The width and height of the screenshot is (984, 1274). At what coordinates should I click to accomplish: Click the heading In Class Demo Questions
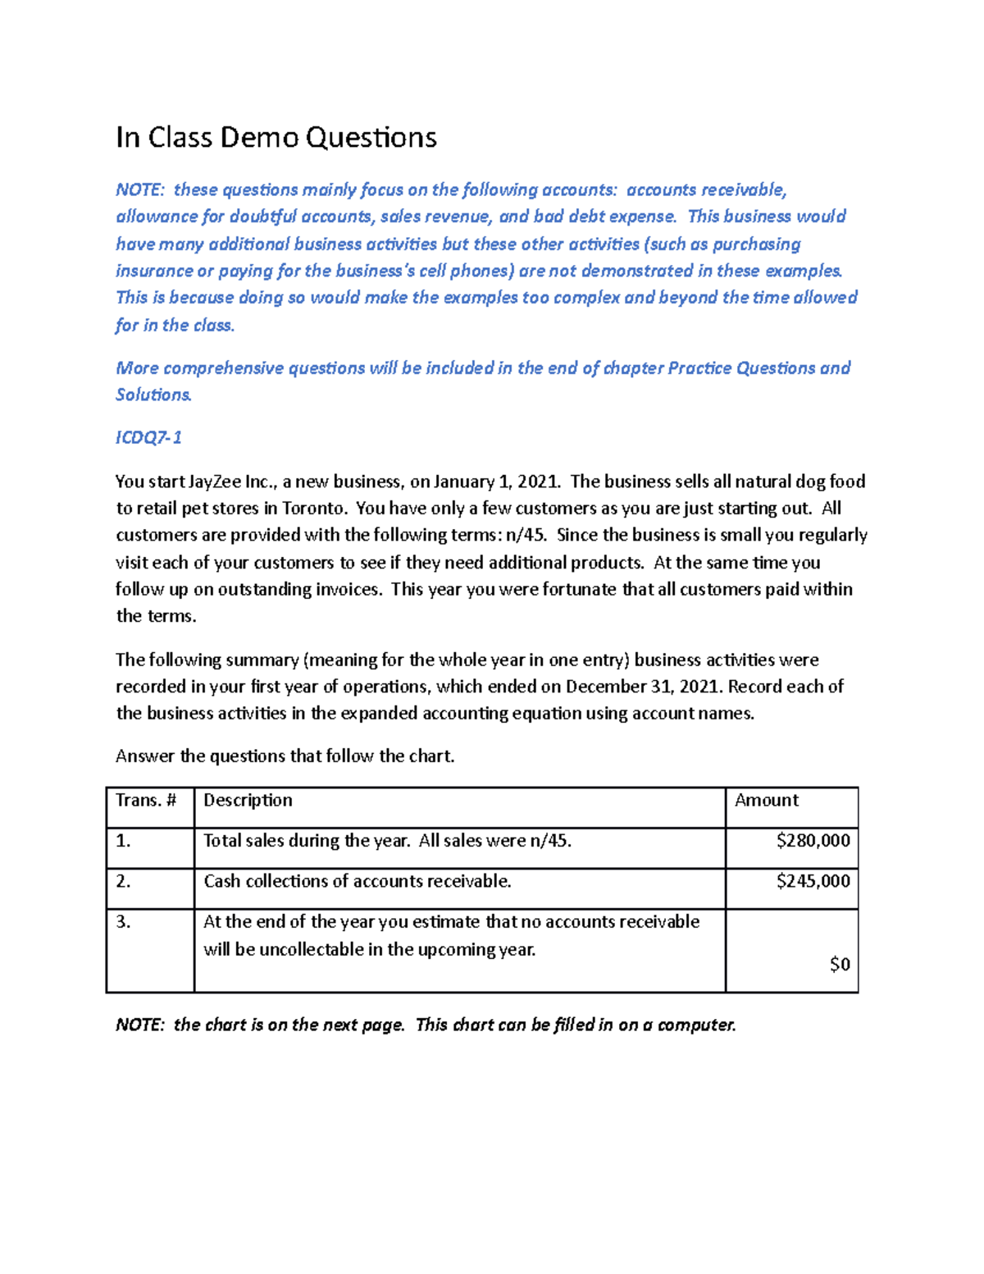click(276, 137)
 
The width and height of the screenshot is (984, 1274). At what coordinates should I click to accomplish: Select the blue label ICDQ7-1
click(148, 437)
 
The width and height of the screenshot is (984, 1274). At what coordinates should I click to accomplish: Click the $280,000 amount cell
click(813, 840)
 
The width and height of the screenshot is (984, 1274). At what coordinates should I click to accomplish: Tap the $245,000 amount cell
click(813, 881)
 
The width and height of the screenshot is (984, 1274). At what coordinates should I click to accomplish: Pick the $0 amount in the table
click(840, 964)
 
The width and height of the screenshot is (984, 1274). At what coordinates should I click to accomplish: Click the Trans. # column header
click(146, 800)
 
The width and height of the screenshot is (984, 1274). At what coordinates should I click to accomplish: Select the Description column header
click(248, 800)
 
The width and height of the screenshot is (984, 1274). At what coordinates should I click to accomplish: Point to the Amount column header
click(766, 800)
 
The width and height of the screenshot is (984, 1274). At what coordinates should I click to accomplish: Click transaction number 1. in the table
click(123, 841)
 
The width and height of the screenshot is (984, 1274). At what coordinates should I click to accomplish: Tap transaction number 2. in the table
click(123, 881)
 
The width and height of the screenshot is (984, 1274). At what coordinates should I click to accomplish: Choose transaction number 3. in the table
click(123, 921)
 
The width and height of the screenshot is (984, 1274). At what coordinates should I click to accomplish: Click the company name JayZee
click(215, 482)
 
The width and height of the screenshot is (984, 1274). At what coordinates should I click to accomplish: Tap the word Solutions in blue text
click(153, 395)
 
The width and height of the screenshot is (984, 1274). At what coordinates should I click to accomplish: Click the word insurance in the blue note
click(153, 271)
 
